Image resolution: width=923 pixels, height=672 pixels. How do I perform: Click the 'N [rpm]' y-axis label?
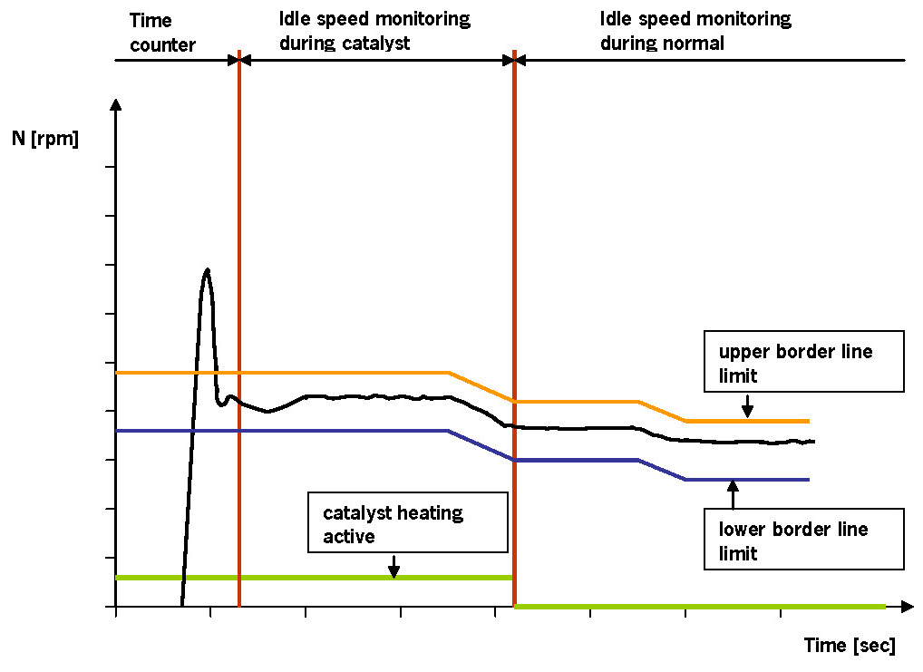pos(45,140)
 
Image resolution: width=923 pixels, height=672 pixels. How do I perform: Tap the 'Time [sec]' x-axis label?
pos(850,645)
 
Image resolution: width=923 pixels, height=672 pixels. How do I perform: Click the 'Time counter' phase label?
pos(163,31)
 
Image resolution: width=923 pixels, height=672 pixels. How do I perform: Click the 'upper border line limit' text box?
pos(804,361)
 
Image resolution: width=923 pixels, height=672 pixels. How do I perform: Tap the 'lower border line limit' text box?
pos(804,539)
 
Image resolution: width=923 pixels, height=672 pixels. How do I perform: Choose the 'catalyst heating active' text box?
pos(407,521)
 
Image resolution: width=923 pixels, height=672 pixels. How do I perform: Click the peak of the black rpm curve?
pos(208,270)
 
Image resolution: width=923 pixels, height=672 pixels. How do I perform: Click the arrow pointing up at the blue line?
pos(733,493)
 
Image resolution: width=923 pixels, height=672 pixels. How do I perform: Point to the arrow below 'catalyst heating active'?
pos(393,565)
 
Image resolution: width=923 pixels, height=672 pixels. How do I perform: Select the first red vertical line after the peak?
pos(239,326)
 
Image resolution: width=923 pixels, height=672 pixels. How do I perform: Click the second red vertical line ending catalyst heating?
pos(514,326)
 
